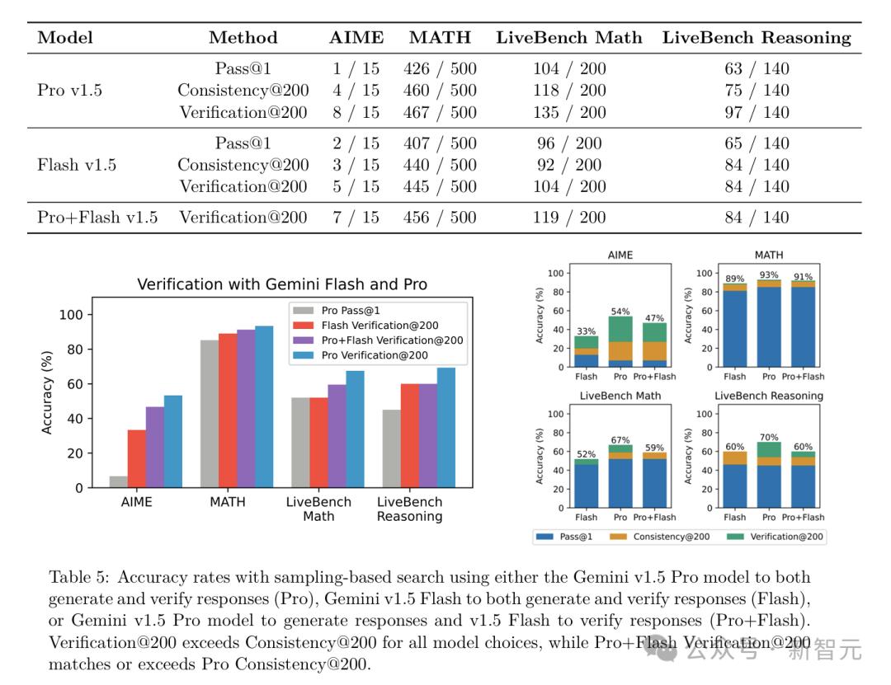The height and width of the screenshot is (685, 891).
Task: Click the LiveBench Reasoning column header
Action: (756, 37)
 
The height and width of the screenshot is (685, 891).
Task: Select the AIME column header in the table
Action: (356, 37)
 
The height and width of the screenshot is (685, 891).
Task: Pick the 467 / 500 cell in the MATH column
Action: (440, 112)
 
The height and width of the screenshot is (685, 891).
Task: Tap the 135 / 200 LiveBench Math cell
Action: (569, 112)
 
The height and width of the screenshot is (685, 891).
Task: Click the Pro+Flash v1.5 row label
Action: (97, 218)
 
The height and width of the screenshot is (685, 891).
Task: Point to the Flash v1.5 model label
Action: (77, 165)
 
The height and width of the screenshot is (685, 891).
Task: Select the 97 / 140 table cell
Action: (757, 112)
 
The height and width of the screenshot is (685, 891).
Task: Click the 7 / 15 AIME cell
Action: (356, 218)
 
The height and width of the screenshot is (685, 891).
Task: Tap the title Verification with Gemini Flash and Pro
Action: (282, 284)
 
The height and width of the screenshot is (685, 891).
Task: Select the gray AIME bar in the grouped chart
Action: (118, 481)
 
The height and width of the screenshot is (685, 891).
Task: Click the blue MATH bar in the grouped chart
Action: (264, 406)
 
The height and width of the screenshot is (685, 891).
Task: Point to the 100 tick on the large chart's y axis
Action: (72, 314)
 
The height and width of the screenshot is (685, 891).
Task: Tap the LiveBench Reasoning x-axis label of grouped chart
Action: (409, 509)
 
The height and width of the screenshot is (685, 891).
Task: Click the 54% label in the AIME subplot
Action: (620, 312)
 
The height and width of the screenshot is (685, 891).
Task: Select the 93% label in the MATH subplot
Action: (769, 276)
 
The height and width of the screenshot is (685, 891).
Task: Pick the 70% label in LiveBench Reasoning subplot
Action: (769, 437)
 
